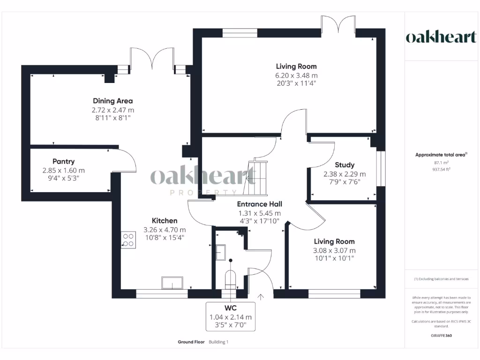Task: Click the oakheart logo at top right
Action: point(441,37)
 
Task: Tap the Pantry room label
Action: point(64,161)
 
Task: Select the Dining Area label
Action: point(112,101)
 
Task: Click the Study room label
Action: point(345,165)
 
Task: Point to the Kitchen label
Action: point(164,221)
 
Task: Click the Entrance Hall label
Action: point(259,204)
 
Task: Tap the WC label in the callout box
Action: point(230,308)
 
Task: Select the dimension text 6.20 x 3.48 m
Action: point(296,75)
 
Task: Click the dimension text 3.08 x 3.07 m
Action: point(334,250)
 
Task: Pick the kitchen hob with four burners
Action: point(128,240)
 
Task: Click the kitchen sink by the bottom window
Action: point(172,283)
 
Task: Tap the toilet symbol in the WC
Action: point(230,278)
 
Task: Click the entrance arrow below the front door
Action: point(261,296)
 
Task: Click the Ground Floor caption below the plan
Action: point(191,342)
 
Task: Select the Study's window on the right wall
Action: point(380,168)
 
